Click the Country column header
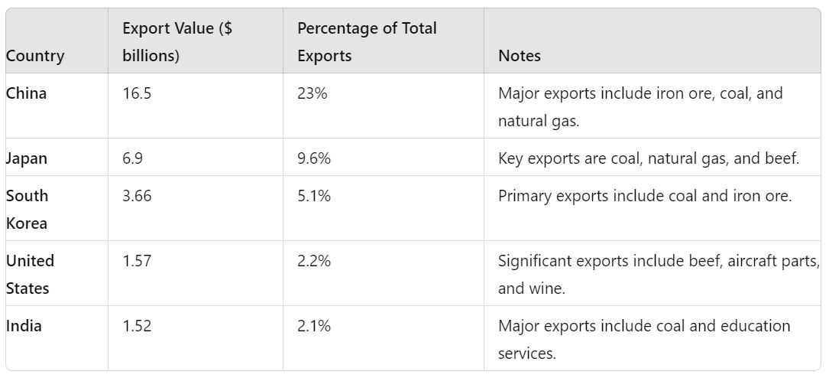pyautogui.click(x=35, y=56)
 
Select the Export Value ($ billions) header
pyautogui.click(x=177, y=42)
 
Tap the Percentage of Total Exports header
pyautogui.click(x=367, y=42)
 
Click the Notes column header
pyautogui.click(x=519, y=56)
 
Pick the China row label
pyautogui.click(x=26, y=93)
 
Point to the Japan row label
pyautogui.click(x=27, y=158)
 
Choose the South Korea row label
pyautogui.click(x=27, y=209)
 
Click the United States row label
pyautogui.click(x=30, y=274)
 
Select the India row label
pyautogui.click(x=24, y=326)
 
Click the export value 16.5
pyautogui.click(x=137, y=93)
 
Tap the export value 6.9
pyautogui.click(x=132, y=158)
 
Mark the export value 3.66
pyautogui.click(x=137, y=196)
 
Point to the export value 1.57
pyautogui.click(x=137, y=261)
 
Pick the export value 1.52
pyautogui.click(x=137, y=326)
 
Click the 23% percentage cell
pyautogui.click(x=309, y=93)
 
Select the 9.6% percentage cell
pyautogui.click(x=313, y=158)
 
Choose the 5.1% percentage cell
pyautogui.click(x=313, y=196)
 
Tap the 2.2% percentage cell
pyautogui.click(x=313, y=261)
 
